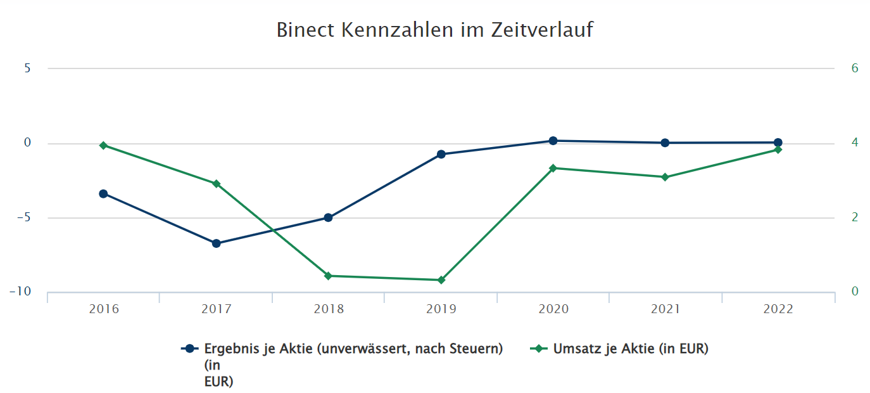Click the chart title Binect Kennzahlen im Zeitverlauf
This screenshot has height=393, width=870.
pyautogui.click(x=434, y=30)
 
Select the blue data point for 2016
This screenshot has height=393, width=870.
pyautogui.click(x=103, y=194)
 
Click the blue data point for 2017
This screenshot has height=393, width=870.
pyautogui.click(x=216, y=243)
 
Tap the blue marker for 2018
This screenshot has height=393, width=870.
pyautogui.click(x=328, y=217)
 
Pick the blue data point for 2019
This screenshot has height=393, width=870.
pyautogui.click(x=441, y=154)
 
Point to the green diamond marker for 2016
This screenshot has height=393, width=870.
pyautogui.click(x=103, y=145)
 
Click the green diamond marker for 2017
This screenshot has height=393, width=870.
pyautogui.click(x=216, y=184)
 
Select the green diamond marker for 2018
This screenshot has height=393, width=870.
pyautogui.click(x=328, y=276)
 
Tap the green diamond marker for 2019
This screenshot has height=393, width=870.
pyautogui.click(x=441, y=280)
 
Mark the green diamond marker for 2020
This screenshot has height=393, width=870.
pyautogui.click(x=553, y=168)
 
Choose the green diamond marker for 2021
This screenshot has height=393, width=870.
pyautogui.click(x=665, y=177)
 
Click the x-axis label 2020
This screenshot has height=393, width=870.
pyautogui.click(x=553, y=309)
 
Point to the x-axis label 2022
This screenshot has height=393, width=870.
pyautogui.click(x=778, y=309)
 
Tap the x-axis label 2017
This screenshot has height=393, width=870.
pyautogui.click(x=217, y=309)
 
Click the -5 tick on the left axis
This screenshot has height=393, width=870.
pyautogui.click(x=23, y=217)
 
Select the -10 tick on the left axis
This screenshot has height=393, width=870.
pyautogui.click(x=20, y=292)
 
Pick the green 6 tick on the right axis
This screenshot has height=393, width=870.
pyautogui.click(x=855, y=68)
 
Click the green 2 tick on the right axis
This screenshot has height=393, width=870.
pyautogui.click(x=855, y=217)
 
